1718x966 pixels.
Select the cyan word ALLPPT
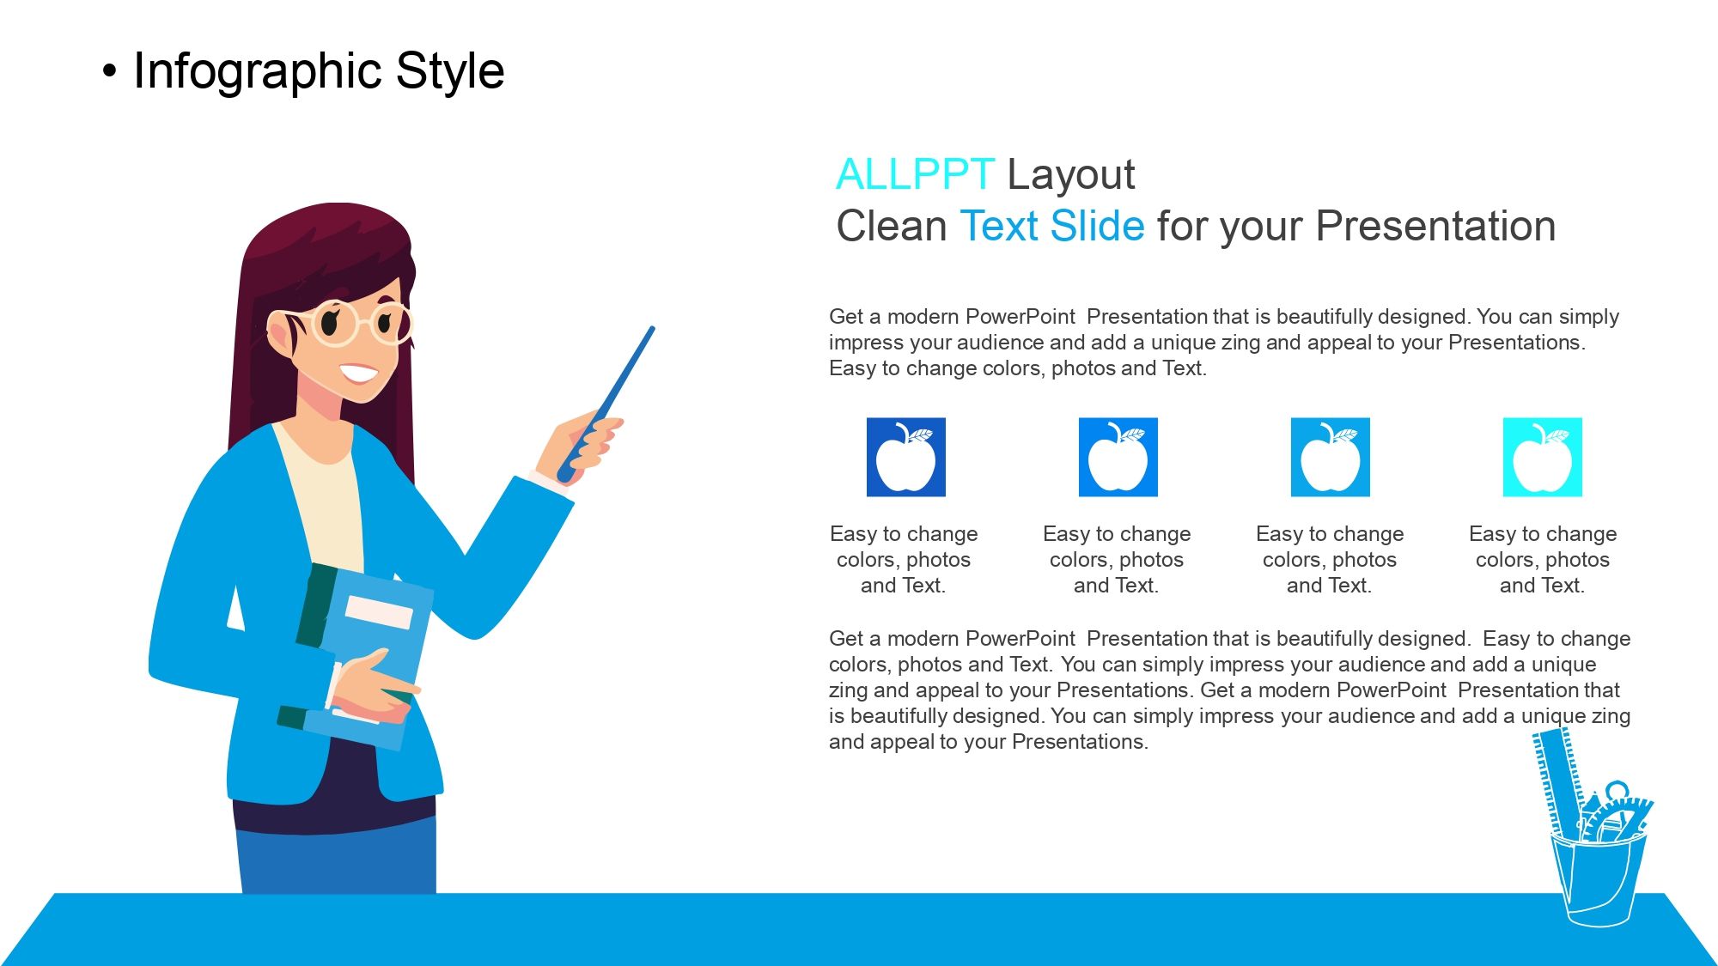[x=916, y=174]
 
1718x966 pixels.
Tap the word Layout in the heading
[x=1070, y=176]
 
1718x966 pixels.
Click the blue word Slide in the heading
[x=1097, y=226]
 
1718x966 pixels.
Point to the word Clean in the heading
[x=892, y=226]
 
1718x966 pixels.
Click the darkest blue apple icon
[x=905, y=457]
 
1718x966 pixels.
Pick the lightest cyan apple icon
[x=1542, y=457]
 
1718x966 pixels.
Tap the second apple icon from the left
[x=1118, y=457]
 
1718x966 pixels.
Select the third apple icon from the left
[x=1330, y=457]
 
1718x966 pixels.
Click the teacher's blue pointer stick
[x=606, y=404]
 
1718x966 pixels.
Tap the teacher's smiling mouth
[x=358, y=374]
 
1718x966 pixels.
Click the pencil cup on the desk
[x=1598, y=876]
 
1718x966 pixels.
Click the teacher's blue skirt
[x=337, y=859]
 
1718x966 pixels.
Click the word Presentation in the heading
[x=1435, y=226]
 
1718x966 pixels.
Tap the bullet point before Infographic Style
[x=108, y=72]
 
